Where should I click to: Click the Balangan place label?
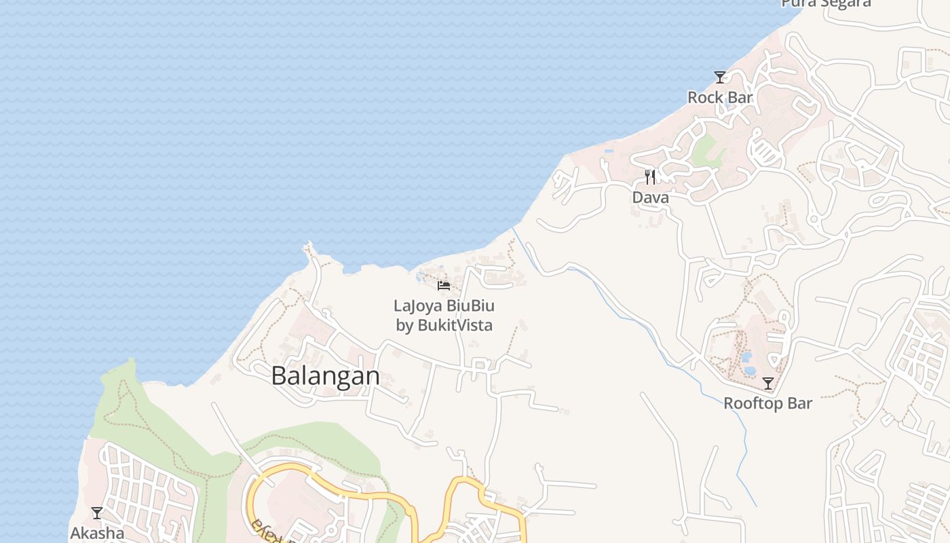[326, 375]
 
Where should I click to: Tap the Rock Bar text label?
[720, 98]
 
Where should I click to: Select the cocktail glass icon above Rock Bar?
[720, 77]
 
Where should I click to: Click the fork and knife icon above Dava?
[650, 177]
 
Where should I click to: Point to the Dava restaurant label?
[650, 198]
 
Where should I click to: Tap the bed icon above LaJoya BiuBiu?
[444, 285]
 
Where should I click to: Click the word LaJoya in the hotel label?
[415, 305]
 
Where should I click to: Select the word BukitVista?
[455, 325]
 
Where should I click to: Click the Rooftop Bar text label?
[767, 403]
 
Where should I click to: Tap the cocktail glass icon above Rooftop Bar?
[767, 383]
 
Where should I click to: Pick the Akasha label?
[97, 533]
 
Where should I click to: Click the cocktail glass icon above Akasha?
[97, 513]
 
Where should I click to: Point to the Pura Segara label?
[826, 3]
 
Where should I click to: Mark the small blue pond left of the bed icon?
[421, 276]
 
